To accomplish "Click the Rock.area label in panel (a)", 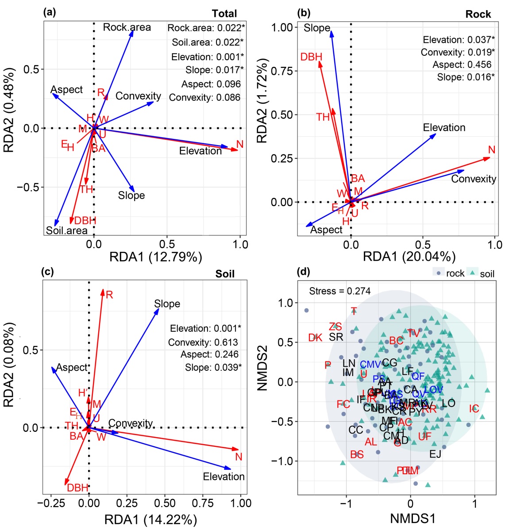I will click(127, 27).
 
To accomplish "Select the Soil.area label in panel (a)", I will click(66, 230).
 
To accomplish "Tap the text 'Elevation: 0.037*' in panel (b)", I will click(459, 40).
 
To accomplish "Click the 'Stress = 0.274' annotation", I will click(340, 291).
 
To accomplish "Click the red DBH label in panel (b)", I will click(311, 57).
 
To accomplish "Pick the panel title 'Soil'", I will click(225, 274).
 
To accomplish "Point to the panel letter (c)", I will click(47, 271).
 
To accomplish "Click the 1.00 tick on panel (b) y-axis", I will click(282, 27).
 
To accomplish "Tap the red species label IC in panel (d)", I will click(474, 409).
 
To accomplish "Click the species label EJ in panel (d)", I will click(435, 454).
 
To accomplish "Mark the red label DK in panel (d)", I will click(315, 338).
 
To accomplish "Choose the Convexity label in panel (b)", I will click(473, 179).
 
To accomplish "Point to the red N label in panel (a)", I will click(240, 144).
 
